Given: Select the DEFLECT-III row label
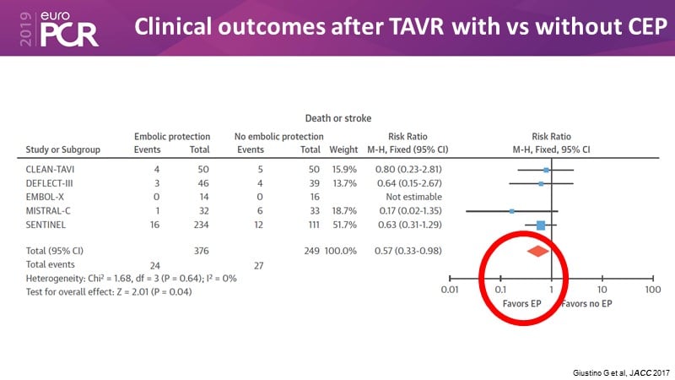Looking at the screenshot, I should pos(50,182).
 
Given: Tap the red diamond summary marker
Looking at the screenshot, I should pos(537,251).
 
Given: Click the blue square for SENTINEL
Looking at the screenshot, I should pos(541,225).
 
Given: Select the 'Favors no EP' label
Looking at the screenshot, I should pos(588,301).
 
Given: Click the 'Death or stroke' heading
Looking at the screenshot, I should pos(338,117).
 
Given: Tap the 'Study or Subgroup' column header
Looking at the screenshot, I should pos(63,149).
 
